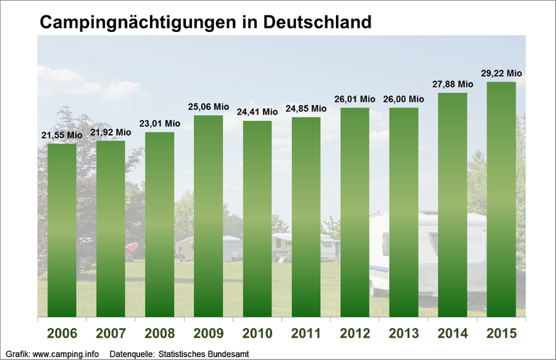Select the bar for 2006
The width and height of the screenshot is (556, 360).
pyautogui.click(x=62, y=230)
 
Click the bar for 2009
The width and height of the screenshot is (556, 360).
pyautogui.click(x=208, y=216)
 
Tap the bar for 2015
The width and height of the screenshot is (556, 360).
pyautogui.click(x=501, y=199)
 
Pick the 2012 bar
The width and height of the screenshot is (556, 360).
pyautogui.click(x=355, y=212)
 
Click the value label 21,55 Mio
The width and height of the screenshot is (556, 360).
pyautogui.click(x=61, y=135)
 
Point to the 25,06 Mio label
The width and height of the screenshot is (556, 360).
pyautogui.click(x=208, y=106)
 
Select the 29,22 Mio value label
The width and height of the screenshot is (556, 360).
pyautogui.click(x=501, y=73)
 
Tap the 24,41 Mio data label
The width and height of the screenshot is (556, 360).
pyautogui.click(x=257, y=112)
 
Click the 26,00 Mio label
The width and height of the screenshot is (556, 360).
pyautogui.click(x=403, y=99)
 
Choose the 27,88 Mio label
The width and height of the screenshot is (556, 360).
pyautogui.click(x=452, y=84)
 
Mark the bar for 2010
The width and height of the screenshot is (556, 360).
pyautogui.click(x=257, y=219)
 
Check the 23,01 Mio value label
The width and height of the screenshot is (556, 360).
pyautogui.click(x=159, y=123)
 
